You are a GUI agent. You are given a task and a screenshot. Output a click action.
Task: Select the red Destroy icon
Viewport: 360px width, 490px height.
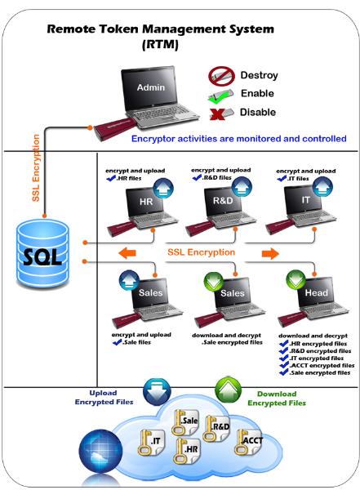[218, 77]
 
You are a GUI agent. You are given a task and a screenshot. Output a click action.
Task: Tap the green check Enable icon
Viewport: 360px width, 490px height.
[218, 94]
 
